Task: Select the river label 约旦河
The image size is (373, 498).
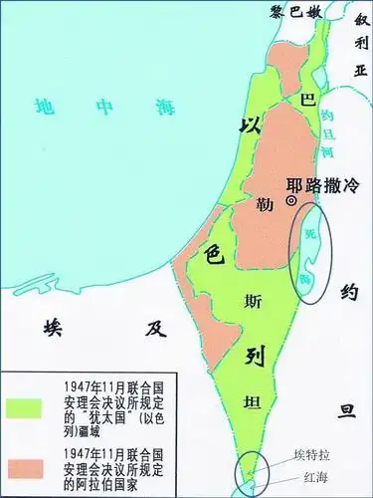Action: tap(333, 129)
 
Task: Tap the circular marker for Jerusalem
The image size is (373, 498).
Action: tap(291, 200)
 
